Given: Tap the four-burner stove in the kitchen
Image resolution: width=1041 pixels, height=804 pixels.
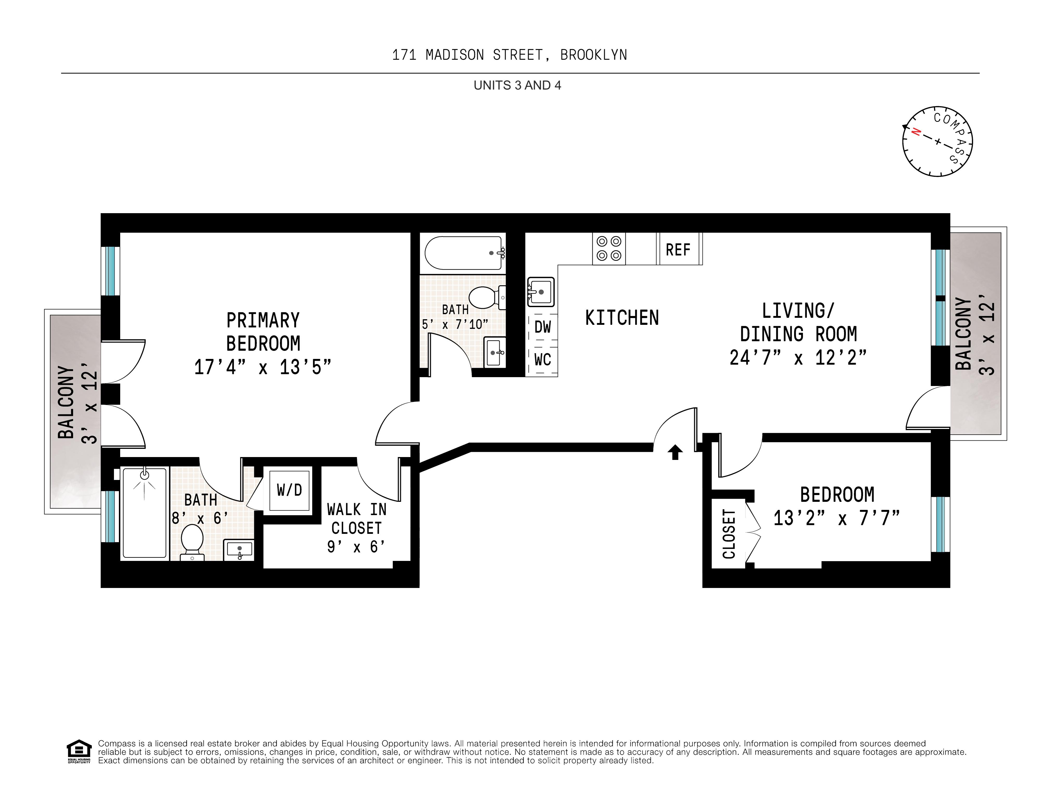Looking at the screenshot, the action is click(x=609, y=249).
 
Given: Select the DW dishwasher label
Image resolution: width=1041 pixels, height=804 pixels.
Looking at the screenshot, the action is click(x=542, y=327).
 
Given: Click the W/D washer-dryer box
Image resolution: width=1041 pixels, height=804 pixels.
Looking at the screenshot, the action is click(x=289, y=490).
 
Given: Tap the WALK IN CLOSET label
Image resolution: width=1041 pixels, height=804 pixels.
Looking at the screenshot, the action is click(x=357, y=518).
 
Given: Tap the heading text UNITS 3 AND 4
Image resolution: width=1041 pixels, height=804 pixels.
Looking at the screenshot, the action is click(x=517, y=85).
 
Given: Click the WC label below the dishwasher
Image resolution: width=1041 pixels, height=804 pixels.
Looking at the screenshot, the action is click(x=542, y=359).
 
